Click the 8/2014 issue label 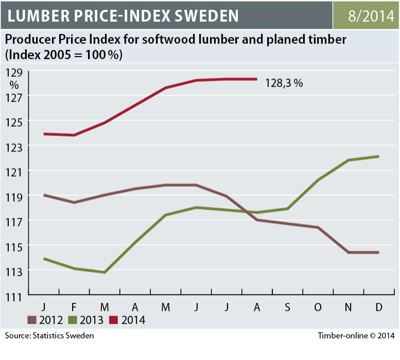[x=366, y=15]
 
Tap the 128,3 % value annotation [x=284, y=82]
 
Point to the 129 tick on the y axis [x=13, y=72]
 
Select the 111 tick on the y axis [x=13, y=296]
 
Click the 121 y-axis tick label [x=13, y=171]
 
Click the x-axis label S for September [x=287, y=307]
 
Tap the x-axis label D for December [x=379, y=307]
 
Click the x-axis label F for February [x=75, y=307]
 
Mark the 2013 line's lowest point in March [x=105, y=272]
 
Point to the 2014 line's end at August [x=256, y=79]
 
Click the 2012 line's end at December [x=379, y=252]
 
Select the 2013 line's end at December [x=379, y=157]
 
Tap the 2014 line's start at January [x=44, y=134]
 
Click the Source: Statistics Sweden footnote [x=49, y=336]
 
